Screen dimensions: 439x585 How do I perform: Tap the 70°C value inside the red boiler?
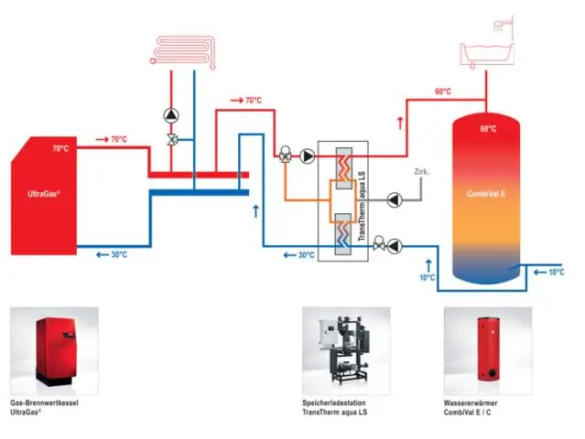60,148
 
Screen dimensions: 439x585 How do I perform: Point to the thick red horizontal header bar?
198,173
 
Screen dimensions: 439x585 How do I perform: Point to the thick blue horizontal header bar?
198,191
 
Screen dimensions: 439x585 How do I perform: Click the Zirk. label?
421,172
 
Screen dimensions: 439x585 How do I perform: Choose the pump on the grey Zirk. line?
395,198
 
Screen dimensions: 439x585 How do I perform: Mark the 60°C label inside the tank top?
487,129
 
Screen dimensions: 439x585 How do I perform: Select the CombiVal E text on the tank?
487,194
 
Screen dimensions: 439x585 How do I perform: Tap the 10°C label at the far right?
556,273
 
